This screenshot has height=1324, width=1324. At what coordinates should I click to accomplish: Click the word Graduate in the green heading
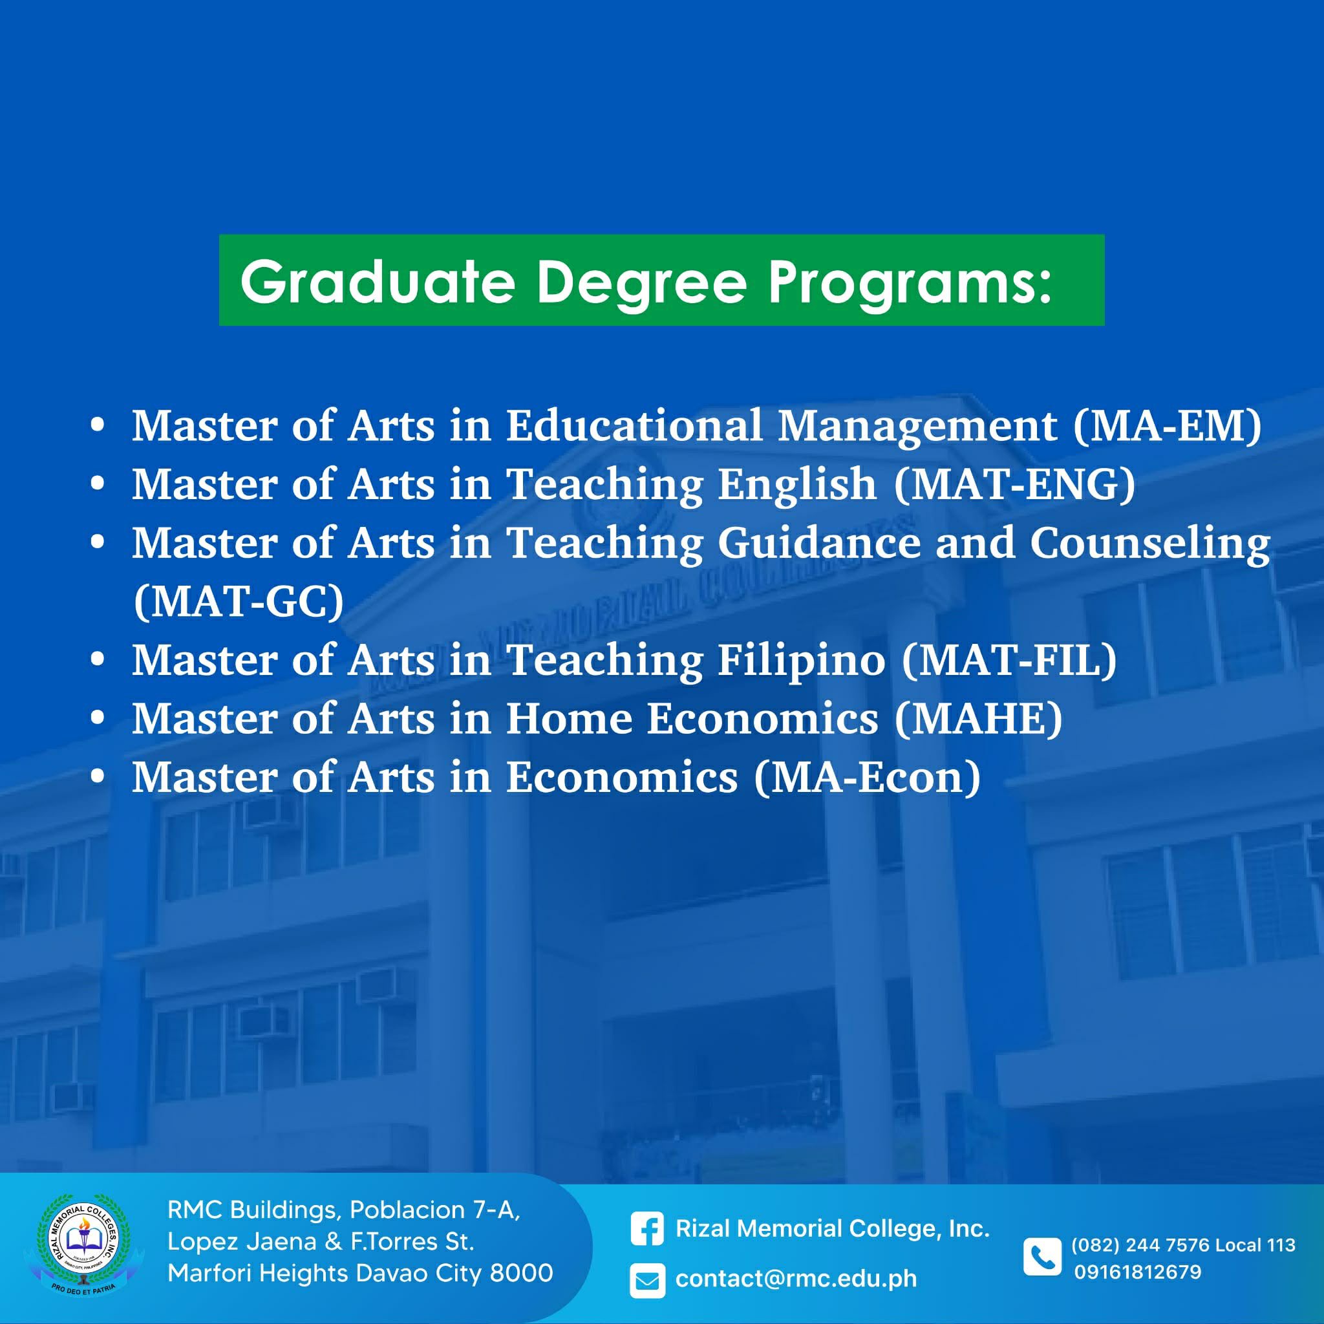378,283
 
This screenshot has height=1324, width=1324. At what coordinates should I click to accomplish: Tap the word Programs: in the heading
910,283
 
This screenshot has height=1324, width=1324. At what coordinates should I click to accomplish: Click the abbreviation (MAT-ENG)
1014,484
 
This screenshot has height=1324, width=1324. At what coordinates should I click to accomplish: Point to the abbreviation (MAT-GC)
239,602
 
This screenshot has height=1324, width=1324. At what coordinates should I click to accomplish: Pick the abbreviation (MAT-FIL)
1009,660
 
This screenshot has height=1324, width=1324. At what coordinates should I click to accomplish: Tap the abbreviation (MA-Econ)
868,778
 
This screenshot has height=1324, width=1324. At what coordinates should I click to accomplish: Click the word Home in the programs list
569,719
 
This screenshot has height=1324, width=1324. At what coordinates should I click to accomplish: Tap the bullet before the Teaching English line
98,484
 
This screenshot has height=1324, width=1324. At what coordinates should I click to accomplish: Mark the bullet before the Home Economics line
98,718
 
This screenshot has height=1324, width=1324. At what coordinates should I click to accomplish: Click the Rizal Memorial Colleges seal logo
83,1245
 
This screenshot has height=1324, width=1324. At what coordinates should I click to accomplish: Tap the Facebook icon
648,1229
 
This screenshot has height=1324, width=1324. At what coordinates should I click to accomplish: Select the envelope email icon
648,1281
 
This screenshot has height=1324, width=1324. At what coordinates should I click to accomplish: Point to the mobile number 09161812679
1138,1272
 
